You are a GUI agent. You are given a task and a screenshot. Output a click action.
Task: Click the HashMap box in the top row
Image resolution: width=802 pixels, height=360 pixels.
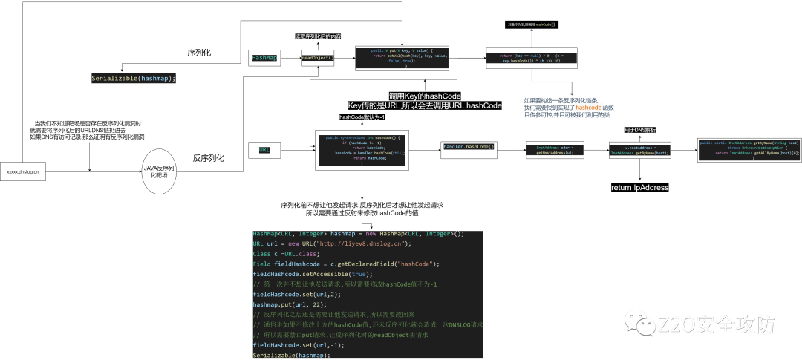264,57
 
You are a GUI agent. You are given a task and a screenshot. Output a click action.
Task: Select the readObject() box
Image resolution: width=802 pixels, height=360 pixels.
318,57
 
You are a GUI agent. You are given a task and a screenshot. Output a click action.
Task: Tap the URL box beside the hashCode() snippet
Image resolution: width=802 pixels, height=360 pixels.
264,150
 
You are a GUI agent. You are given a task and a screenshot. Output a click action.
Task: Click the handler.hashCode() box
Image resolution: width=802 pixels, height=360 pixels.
468,148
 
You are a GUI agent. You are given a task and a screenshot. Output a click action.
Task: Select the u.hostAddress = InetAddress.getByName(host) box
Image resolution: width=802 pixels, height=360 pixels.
639,151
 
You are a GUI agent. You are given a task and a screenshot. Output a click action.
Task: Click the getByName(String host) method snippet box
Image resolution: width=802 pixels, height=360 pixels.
748,149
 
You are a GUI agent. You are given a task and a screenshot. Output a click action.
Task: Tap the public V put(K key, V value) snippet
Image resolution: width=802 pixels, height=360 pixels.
402,58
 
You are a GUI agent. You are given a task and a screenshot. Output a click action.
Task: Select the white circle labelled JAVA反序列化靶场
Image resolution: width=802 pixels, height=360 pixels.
158,171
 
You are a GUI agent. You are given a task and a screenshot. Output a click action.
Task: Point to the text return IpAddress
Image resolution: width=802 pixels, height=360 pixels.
639,188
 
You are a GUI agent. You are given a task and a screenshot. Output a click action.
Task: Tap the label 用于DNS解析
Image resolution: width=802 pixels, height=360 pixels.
639,130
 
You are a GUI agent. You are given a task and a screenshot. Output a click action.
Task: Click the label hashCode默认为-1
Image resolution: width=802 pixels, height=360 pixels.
362,117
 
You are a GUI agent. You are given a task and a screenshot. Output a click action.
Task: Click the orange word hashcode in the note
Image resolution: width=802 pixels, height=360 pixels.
588,108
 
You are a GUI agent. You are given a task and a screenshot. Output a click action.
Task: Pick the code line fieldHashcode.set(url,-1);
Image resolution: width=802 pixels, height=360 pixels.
290,345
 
